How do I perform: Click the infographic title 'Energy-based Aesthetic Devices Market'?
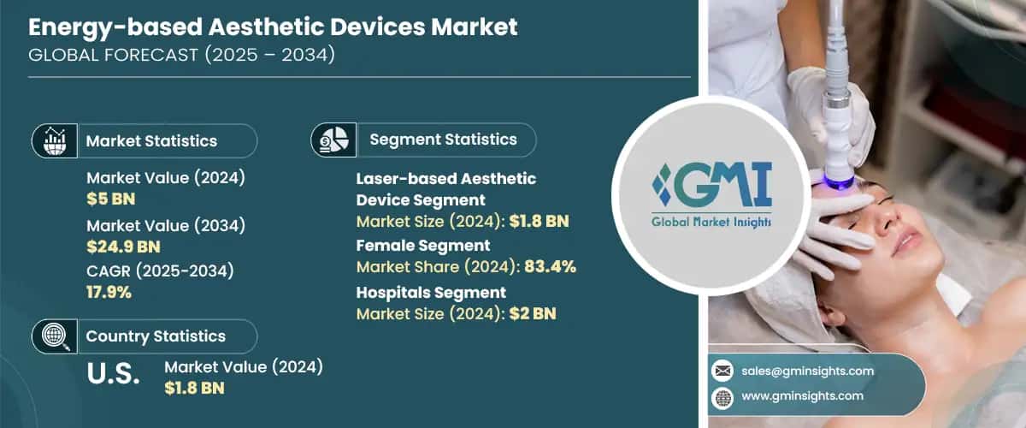[x=273, y=27]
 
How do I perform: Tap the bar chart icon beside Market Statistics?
[x=54, y=140]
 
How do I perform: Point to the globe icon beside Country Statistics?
[x=54, y=336]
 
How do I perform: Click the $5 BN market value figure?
[x=111, y=199]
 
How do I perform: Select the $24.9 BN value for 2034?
[x=124, y=247]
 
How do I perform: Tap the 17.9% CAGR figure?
[x=109, y=293]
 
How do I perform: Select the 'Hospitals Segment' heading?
[x=431, y=293]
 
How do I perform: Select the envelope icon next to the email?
[x=722, y=372]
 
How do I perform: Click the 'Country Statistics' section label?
[x=156, y=336]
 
